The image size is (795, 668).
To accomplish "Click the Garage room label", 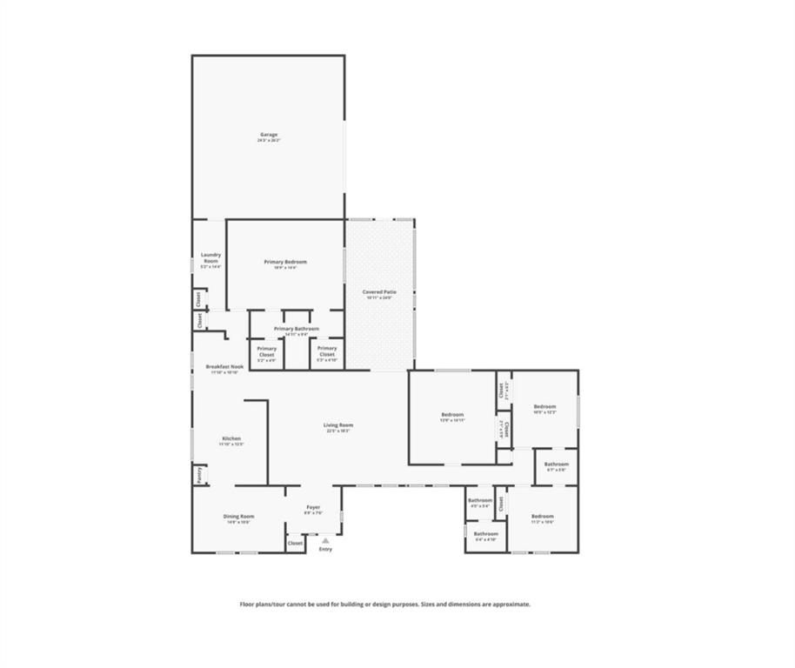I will coord(268,135).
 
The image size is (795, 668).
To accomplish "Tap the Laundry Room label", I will coord(211,258).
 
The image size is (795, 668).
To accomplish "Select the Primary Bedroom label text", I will coord(285,262).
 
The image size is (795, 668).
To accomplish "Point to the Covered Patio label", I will coord(378,292).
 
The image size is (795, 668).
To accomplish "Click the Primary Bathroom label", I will coord(296,329).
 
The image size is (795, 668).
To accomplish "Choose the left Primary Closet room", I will coord(266,351).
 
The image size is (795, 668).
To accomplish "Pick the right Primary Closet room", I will coord(326,351).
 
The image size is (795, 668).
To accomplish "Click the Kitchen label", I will coord(230,438).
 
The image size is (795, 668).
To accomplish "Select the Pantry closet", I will coord(198,475).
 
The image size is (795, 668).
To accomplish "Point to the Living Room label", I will coord(339,425).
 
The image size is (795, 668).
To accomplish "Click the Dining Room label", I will coord(237,517).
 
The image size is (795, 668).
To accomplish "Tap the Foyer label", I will coord(313,508).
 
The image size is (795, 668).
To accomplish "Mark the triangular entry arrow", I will coord(325,540).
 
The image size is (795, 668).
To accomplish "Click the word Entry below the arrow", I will coord(325,549).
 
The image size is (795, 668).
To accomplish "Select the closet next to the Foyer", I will coord(295,543).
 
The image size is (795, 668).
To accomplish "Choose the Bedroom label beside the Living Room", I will coord(452,415).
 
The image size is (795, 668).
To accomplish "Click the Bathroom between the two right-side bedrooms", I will coord(557,465).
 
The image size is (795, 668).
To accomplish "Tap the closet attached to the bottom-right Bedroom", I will coord(501,504).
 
